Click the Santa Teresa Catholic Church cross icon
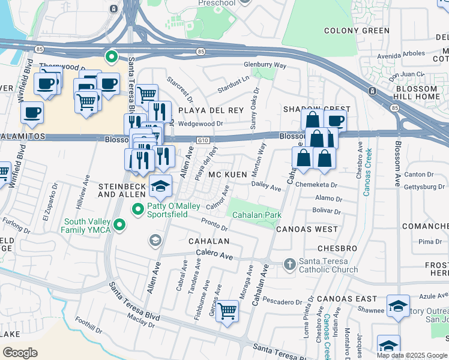[x=289, y=265]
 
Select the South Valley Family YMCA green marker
[x=120, y=226]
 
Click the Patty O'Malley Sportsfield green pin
[x=138, y=209]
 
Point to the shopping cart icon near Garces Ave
[x=227, y=311]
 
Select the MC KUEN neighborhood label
[x=228, y=175]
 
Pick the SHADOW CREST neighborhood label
[x=316, y=109]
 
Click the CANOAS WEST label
[x=307, y=229]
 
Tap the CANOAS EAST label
[x=347, y=298]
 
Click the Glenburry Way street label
[x=265, y=65]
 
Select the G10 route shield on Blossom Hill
[x=202, y=140]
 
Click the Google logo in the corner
[x=20, y=352]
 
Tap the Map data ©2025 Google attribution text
[x=412, y=355]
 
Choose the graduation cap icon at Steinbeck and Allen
[x=160, y=187]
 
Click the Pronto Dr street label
[x=214, y=224]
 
